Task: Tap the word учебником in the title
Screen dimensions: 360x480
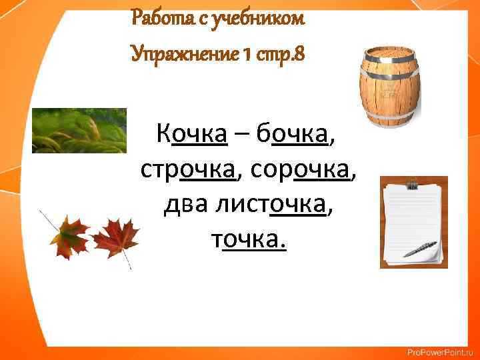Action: tap(267, 18)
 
